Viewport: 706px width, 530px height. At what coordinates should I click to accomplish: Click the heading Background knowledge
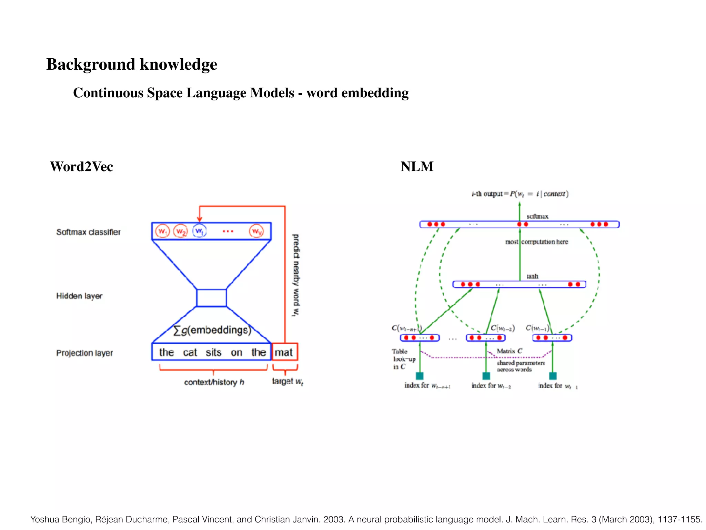point(132,65)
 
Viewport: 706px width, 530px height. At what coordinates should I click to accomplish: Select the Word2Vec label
point(81,167)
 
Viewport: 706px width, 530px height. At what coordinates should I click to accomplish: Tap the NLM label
point(417,167)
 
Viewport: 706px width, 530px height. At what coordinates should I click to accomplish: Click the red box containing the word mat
point(284,352)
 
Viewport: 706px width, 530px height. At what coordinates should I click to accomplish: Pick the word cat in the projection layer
point(190,352)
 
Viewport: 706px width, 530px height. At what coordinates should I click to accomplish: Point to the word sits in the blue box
point(213,352)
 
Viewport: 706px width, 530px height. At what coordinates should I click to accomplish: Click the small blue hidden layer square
point(211,298)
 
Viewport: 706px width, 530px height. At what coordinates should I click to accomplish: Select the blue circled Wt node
point(199,231)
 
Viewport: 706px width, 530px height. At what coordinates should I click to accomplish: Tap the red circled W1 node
point(162,231)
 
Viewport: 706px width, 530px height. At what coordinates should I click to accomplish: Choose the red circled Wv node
point(256,231)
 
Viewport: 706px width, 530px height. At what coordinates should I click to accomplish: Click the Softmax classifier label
point(88,232)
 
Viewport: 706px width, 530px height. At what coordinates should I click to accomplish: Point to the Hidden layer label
point(79,296)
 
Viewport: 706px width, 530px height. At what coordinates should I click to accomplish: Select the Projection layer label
point(84,353)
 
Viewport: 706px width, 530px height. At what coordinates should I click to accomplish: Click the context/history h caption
point(214,382)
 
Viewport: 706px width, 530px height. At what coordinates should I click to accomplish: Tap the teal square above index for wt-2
point(486,376)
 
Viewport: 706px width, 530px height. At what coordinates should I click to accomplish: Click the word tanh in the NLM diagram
point(532,276)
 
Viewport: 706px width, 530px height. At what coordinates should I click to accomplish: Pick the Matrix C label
point(510,351)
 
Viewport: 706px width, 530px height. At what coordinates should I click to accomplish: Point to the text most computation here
point(536,242)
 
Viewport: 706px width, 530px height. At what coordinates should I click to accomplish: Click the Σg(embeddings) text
point(212,330)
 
